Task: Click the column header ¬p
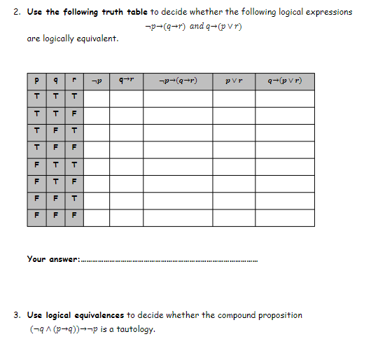coord(97,81)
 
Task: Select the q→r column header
coord(126,81)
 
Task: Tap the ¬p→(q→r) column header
coord(178,81)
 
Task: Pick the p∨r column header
coord(234,81)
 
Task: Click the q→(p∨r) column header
coord(284,81)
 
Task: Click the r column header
coord(73,81)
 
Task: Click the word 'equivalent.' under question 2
coord(97,38)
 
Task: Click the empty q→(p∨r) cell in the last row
coord(284,217)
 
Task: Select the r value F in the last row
coord(73,217)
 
